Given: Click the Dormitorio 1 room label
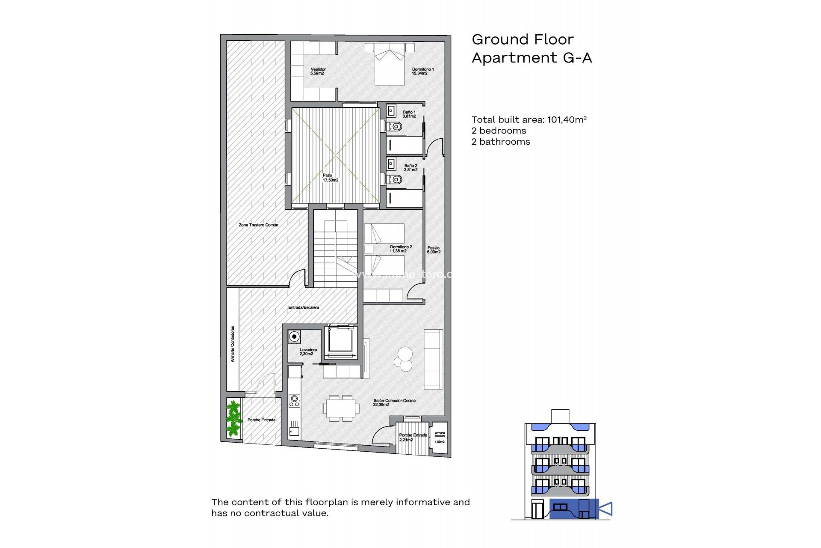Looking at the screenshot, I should point(422,71).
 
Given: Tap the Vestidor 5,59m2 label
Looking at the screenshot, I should point(318,71).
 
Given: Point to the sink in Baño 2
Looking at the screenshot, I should point(391,164).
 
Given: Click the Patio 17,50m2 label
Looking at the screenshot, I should point(330,178).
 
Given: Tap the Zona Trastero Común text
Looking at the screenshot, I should point(258,225).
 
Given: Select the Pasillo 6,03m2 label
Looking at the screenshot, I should point(433,250).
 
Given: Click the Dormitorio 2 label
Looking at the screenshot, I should point(401,249).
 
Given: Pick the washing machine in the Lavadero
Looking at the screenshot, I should point(294,337).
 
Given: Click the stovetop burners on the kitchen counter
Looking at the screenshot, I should point(294,401).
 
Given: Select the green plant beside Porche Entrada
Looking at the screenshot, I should point(233,418).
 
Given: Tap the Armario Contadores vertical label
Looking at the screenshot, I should point(233,344).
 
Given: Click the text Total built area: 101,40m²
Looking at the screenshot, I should point(529,120).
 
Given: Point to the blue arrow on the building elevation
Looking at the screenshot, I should point(606,509).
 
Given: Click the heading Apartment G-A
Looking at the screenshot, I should point(532,58).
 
